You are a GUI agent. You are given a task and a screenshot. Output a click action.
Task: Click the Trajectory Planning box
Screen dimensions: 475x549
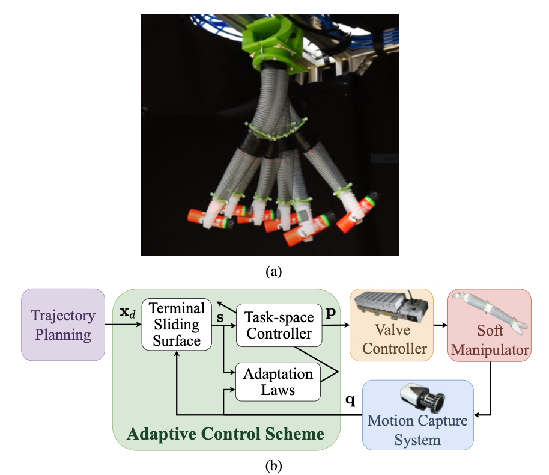coord(63,325)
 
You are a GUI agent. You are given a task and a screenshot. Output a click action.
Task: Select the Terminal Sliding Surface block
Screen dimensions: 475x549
coord(177,325)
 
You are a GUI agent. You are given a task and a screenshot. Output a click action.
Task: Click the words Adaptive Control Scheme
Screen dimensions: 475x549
coord(226,434)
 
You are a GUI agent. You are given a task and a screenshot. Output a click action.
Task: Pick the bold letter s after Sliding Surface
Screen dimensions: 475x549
coord(220,316)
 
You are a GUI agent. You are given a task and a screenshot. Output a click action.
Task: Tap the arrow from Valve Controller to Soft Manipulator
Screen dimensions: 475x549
coord(440,325)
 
